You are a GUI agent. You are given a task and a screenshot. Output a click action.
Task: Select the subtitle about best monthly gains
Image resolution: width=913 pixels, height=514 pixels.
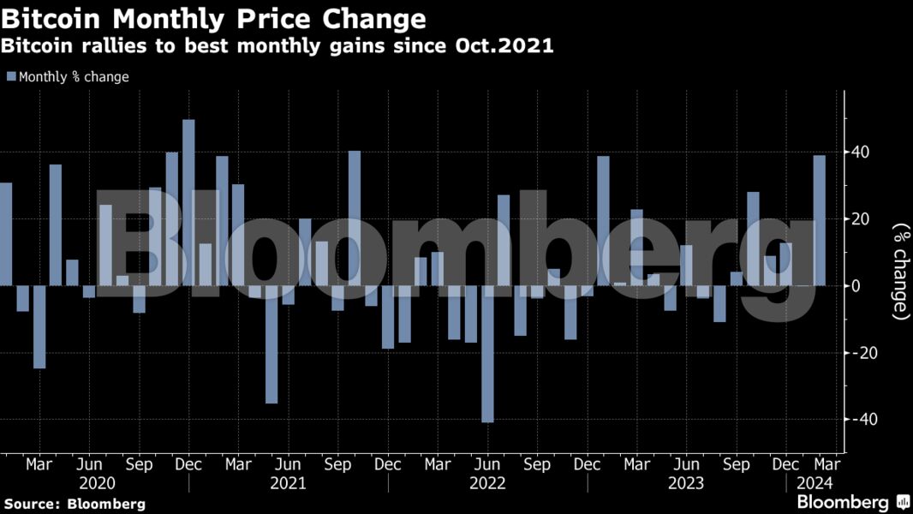pyautogui.click(x=278, y=46)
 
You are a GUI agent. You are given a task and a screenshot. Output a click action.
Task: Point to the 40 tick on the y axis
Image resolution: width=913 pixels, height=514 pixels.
pyautogui.click(x=859, y=152)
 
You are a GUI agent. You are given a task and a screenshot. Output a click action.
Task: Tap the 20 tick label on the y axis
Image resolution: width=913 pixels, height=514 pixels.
pyautogui.click(x=859, y=219)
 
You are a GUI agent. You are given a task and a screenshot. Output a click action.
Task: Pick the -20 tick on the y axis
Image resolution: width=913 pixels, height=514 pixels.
pyautogui.click(x=856, y=353)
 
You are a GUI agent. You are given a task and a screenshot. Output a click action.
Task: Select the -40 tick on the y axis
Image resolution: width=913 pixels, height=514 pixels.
pyautogui.click(x=856, y=420)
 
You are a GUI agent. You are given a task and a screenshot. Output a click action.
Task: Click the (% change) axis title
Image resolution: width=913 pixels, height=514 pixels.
pyautogui.click(x=900, y=272)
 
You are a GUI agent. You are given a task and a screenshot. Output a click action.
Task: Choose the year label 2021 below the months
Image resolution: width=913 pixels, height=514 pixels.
pyautogui.click(x=288, y=484)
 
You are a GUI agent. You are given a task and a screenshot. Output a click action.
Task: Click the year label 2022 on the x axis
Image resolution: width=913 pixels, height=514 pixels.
pyautogui.click(x=487, y=484)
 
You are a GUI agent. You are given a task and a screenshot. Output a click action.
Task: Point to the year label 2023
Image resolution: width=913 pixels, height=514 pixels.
pyautogui.click(x=686, y=484)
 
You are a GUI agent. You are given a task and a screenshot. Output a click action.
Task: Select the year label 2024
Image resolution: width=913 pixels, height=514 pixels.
pyautogui.click(x=814, y=484)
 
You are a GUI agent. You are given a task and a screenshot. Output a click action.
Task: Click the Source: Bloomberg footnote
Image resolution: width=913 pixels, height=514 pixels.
pyautogui.click(x=75, y=504)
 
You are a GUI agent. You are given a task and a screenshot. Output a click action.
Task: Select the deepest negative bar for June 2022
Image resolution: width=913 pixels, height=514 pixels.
pyautogui.click(x=487, y=354)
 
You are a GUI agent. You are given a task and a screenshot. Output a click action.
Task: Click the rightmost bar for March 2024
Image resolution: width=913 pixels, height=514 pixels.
pyautogui.click(x=820, y=220)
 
